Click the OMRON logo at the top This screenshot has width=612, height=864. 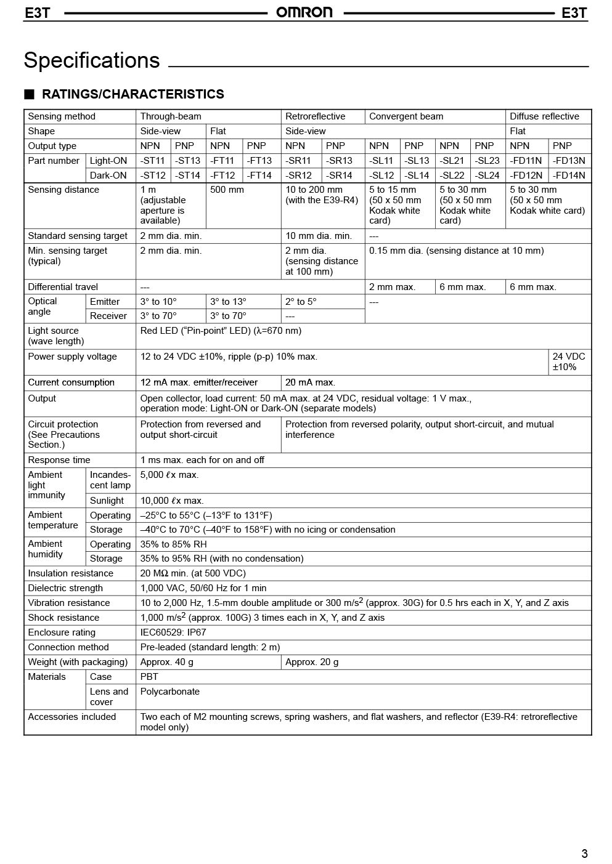coord(304,12)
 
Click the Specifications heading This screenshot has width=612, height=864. coord(92,60)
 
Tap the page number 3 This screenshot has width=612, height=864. coord(584,854)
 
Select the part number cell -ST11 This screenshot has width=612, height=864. coord(153,161)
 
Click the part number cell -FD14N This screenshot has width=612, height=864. coord(569,176)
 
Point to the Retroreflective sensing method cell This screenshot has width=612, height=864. coord(316,116)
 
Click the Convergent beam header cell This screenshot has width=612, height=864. coord(406,116)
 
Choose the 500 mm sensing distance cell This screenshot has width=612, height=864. coord(227,190)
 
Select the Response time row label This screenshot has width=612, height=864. coord(59,460)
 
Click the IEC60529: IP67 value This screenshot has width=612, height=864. coord(173,632)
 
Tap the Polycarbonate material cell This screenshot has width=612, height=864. coord(170,692)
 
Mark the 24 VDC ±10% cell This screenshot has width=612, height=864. coord(568,361)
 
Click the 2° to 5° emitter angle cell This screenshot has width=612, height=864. coord(301,302)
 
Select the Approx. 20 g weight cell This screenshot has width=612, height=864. coord(312,662)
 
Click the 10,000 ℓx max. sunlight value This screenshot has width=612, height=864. coord(172,501)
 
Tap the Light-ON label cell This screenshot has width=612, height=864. coord(108,161)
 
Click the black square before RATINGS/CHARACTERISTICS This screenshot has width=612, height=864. coord(29,94)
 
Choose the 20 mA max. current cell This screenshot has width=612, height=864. coord(310,382)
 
